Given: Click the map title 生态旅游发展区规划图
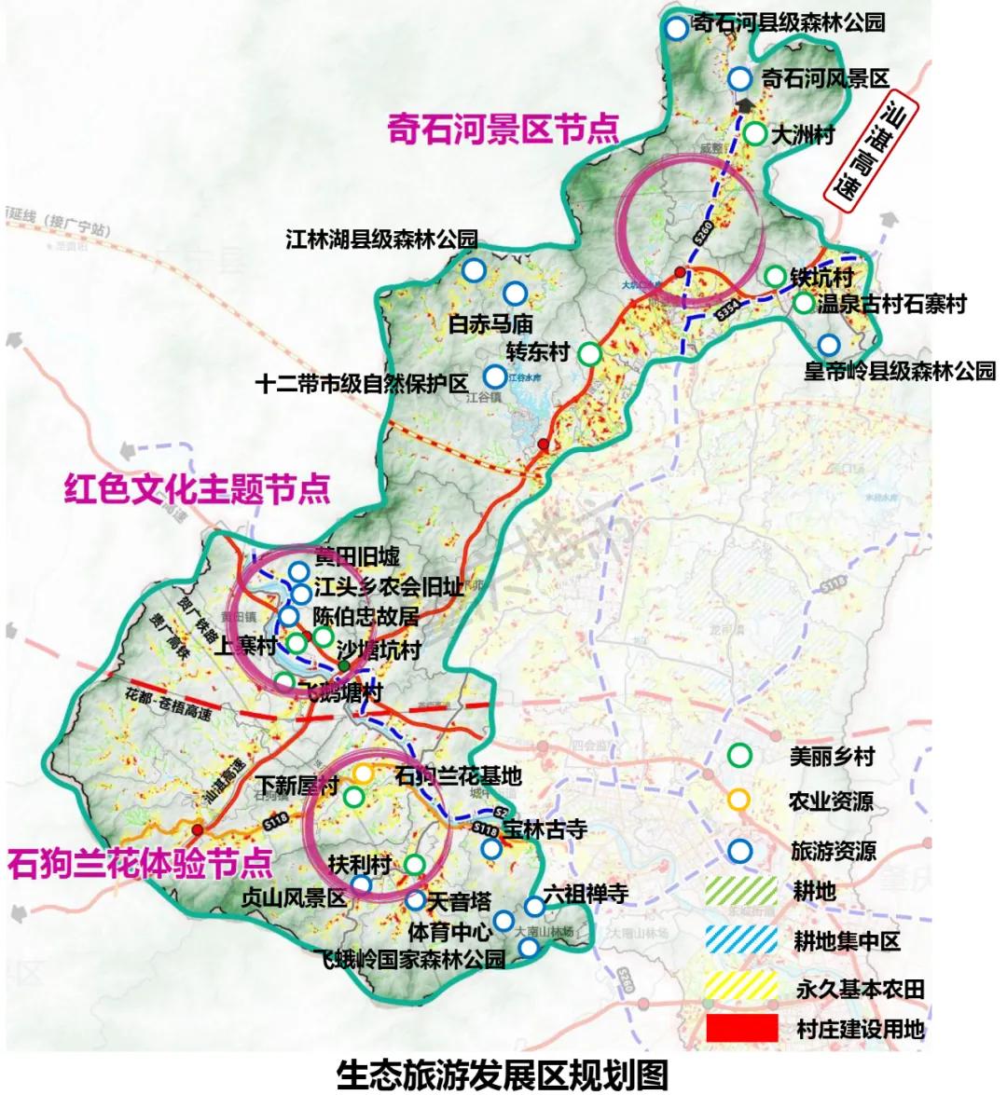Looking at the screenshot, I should click(503, 1074).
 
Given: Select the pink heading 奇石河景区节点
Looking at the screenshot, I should click(503, 130).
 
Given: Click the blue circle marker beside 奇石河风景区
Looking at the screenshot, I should click(740, 79).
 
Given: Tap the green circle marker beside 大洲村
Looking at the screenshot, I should click(755, 133).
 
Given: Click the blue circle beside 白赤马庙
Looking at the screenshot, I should click(514, 294).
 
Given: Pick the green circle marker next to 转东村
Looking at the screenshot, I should click(589, 353).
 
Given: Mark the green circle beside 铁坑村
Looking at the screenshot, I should click(775, 276).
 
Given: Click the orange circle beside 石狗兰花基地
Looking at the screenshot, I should click(364, 773).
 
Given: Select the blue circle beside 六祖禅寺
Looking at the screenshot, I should click(534, 906).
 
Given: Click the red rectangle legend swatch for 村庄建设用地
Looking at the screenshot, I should click(741, 1029).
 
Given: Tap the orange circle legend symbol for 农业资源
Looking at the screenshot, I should click(739, 799).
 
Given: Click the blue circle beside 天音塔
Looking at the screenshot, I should click(415, 900).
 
